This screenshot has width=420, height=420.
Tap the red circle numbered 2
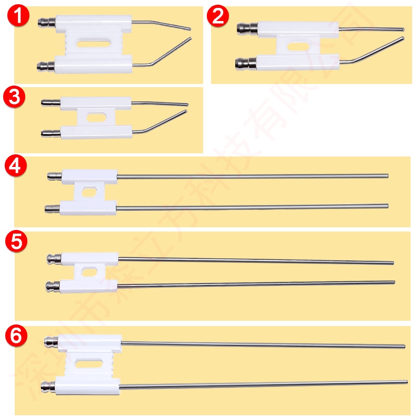pos(218,17)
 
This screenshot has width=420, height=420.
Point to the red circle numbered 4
pos(14,166)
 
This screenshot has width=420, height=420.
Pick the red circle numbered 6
pos(16,336)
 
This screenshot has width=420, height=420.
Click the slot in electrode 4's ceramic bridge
pos(89,192)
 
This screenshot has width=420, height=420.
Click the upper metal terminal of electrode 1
pos(45,24)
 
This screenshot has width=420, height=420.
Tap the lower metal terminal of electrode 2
pos(243,65)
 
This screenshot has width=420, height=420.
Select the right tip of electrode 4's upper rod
pos(387,176)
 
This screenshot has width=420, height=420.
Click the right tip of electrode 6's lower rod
pos(406,382)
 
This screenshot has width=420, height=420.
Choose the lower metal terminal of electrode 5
pos(51,287)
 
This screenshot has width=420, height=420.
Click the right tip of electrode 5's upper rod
pos(393,262)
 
